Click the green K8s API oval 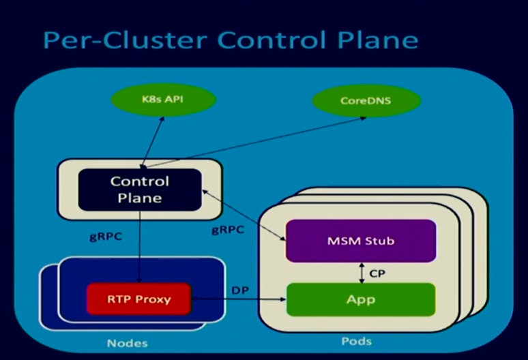163,100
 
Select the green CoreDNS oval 366,101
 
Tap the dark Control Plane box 140,190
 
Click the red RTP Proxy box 138,299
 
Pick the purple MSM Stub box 360,241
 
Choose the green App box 360,299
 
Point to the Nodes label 127,343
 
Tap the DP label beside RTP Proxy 240,290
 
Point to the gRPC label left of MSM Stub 227,230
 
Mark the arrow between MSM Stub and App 361,272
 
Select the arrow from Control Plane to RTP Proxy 140,245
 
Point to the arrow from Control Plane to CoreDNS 259,140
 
